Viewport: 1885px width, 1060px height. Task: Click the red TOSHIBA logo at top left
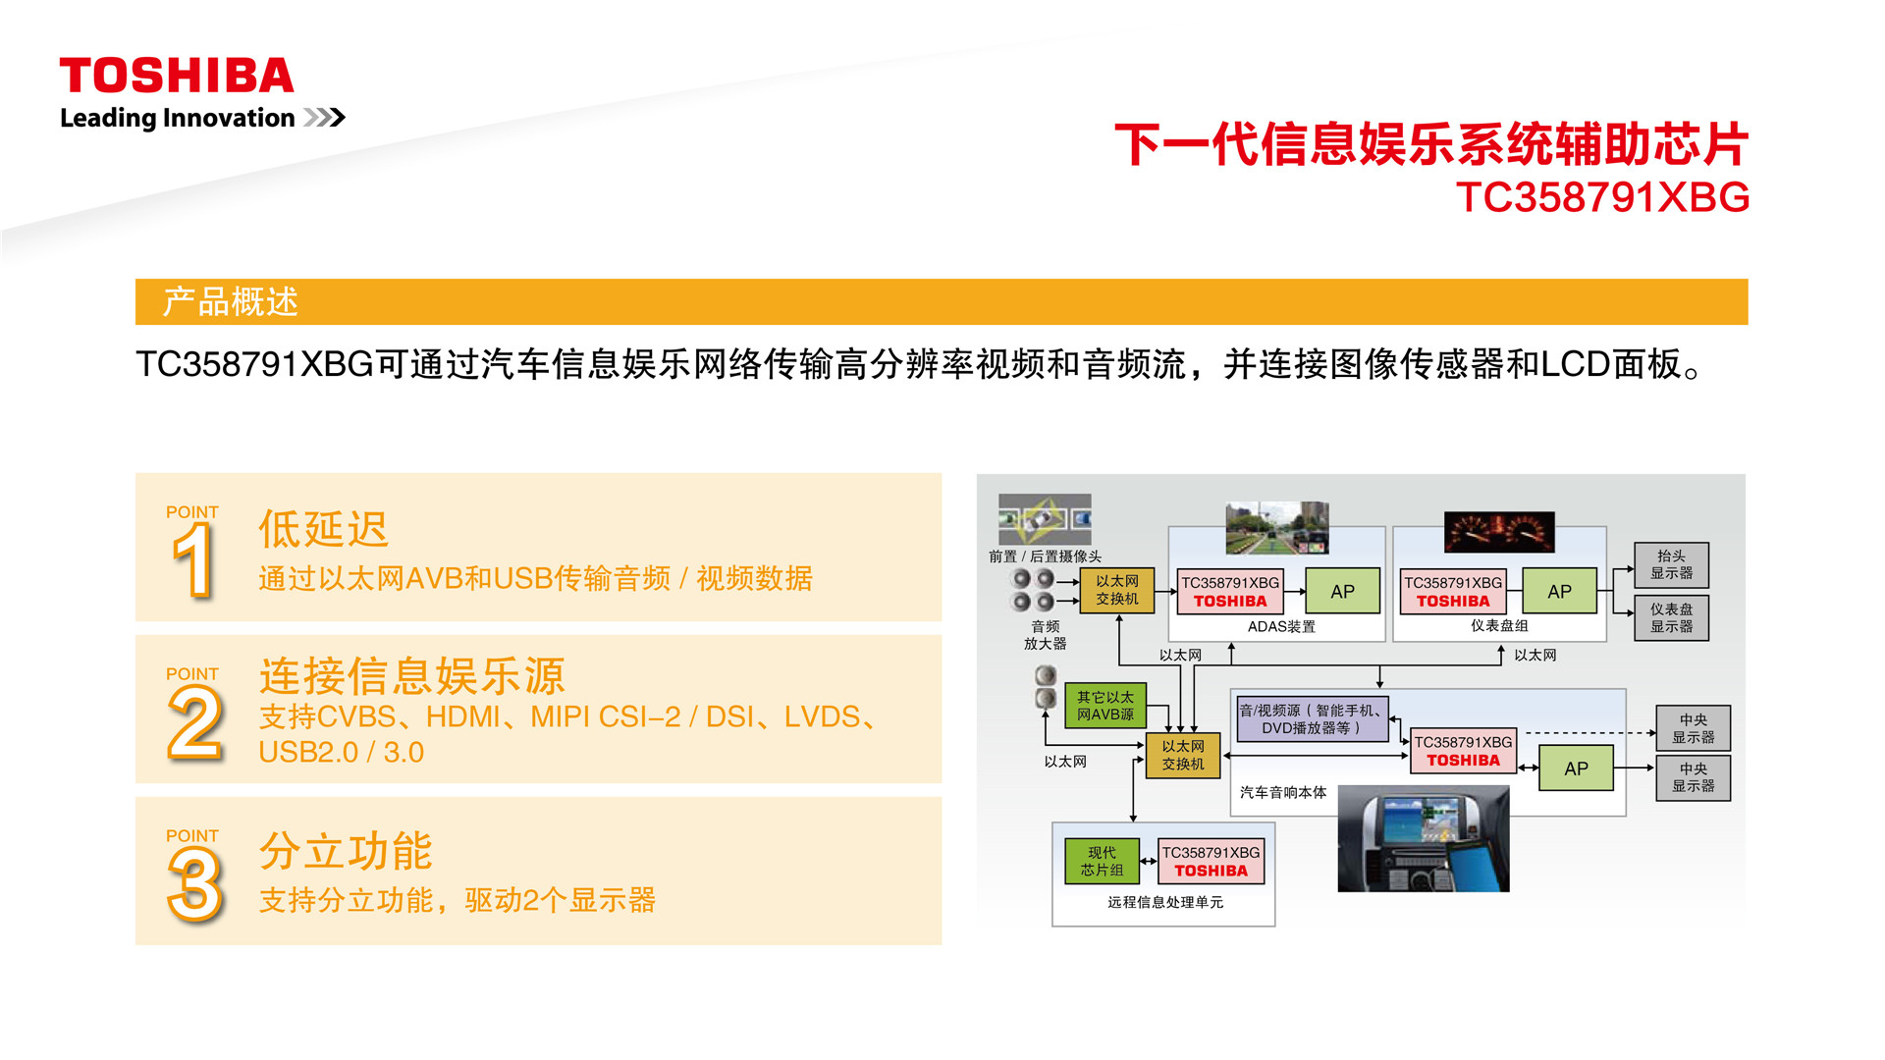177,76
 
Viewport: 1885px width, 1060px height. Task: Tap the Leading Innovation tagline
178,118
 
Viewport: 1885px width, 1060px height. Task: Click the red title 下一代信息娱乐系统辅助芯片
1431,144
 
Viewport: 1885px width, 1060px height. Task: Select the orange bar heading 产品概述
231,301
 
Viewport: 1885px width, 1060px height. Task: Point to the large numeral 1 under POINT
193,559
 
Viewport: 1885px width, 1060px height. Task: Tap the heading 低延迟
324,529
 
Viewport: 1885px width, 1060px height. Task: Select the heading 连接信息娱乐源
412,675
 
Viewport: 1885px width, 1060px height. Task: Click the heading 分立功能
346,850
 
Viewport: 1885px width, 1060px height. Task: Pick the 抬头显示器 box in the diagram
1671,564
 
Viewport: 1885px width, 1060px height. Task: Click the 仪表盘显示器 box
1671,617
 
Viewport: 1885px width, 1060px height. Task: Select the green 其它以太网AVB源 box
1105,706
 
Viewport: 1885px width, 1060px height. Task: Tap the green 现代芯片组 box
1103,861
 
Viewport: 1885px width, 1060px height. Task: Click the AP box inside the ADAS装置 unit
1342,591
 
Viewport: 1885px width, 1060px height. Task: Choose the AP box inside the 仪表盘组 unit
1559,591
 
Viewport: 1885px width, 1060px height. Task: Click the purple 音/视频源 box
1313,718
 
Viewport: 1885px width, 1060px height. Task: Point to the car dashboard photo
1424,838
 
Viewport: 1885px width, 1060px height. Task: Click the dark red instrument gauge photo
1499,532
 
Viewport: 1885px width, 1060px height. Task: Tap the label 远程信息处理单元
1165,902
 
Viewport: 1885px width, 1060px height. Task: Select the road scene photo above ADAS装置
1276,528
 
